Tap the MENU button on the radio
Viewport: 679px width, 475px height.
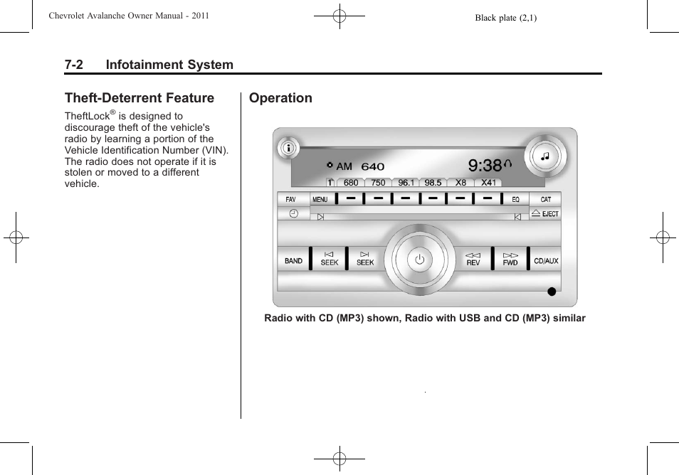320,200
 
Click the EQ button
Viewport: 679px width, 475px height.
516,200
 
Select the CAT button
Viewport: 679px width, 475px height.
545,200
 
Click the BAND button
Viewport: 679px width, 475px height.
293,260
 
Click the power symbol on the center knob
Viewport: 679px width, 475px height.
419,260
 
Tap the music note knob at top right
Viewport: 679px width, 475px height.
545,156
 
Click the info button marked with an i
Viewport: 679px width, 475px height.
289,149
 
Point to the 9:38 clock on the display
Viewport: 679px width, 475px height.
485,166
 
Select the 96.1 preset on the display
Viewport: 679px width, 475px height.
406,183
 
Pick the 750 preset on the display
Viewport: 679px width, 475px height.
378,183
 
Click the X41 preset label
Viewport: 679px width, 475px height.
489,183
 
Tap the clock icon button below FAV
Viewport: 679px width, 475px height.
293,214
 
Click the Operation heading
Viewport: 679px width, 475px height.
280,98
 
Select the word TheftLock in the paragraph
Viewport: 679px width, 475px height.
87,117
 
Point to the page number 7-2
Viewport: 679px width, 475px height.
73,65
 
